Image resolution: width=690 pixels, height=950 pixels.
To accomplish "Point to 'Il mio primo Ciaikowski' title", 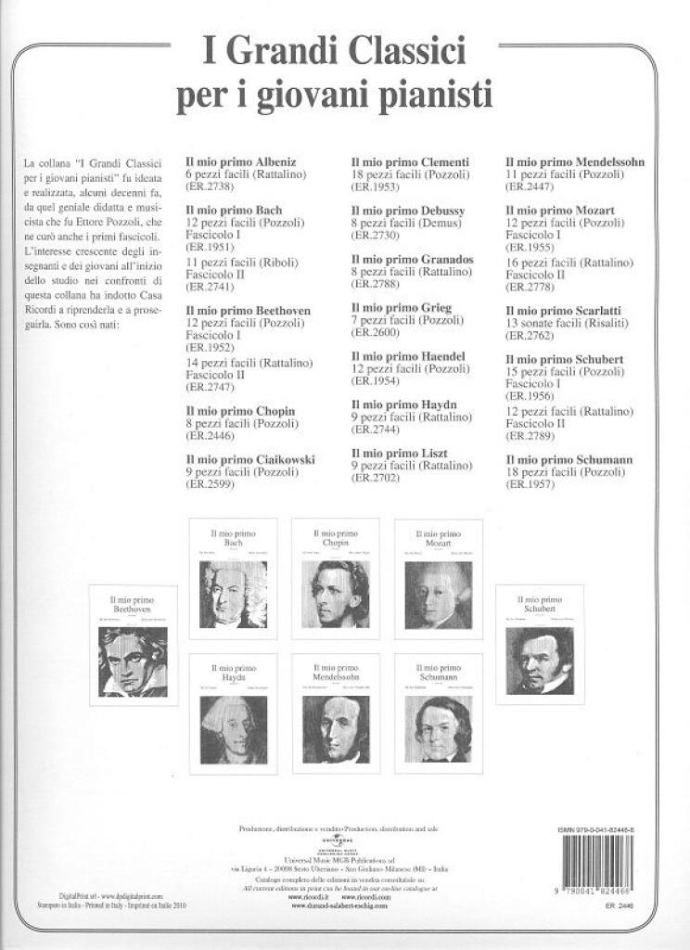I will pyautogui.click(x=250, y=459).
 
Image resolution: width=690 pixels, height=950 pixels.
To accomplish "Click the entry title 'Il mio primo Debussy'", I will pyautogui.click(x=407, y=211).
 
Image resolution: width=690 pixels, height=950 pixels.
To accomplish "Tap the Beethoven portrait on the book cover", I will pyautogui.click(x=133, y=661).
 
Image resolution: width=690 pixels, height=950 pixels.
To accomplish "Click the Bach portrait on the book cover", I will pyautogui.click(x=233, y=594).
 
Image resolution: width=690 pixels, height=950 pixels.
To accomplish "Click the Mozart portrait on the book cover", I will pyautogui.click(x=438, y=595).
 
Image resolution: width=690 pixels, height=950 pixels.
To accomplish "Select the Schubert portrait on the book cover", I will pyautogui.click(x=539, y=660).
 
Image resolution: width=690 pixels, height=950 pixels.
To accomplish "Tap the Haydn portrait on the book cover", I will pyautogui.click(x=233, y=728).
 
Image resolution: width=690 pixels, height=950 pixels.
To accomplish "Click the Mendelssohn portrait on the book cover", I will pyautogui.click(x=335, y=729).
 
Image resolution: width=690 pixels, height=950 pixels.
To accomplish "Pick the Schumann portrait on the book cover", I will pyautogui.click(x=438, y=728).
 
